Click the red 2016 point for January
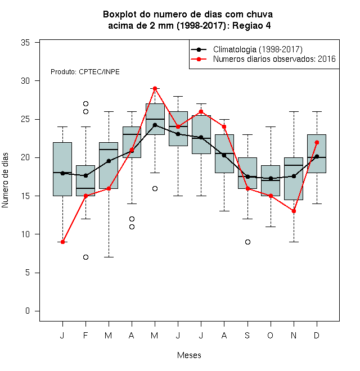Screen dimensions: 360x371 62,242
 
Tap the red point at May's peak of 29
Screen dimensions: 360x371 155,88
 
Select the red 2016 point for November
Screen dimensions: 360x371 294,211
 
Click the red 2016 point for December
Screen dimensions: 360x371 317,142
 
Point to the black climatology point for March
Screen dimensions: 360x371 109,161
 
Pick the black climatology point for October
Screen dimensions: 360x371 271,178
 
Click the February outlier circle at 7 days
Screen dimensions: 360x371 85,257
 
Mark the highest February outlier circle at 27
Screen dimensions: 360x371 85,103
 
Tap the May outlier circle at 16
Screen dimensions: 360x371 155,188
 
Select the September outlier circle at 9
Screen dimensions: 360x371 247,242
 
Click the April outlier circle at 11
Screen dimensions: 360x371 132,227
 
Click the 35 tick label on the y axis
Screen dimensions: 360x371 25,43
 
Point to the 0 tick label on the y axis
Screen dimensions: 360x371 28,311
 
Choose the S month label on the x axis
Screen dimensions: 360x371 247,335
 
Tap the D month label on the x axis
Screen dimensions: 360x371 317,335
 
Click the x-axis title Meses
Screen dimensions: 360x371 189,355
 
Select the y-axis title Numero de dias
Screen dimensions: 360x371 5,180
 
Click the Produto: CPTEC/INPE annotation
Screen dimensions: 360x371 85,72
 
